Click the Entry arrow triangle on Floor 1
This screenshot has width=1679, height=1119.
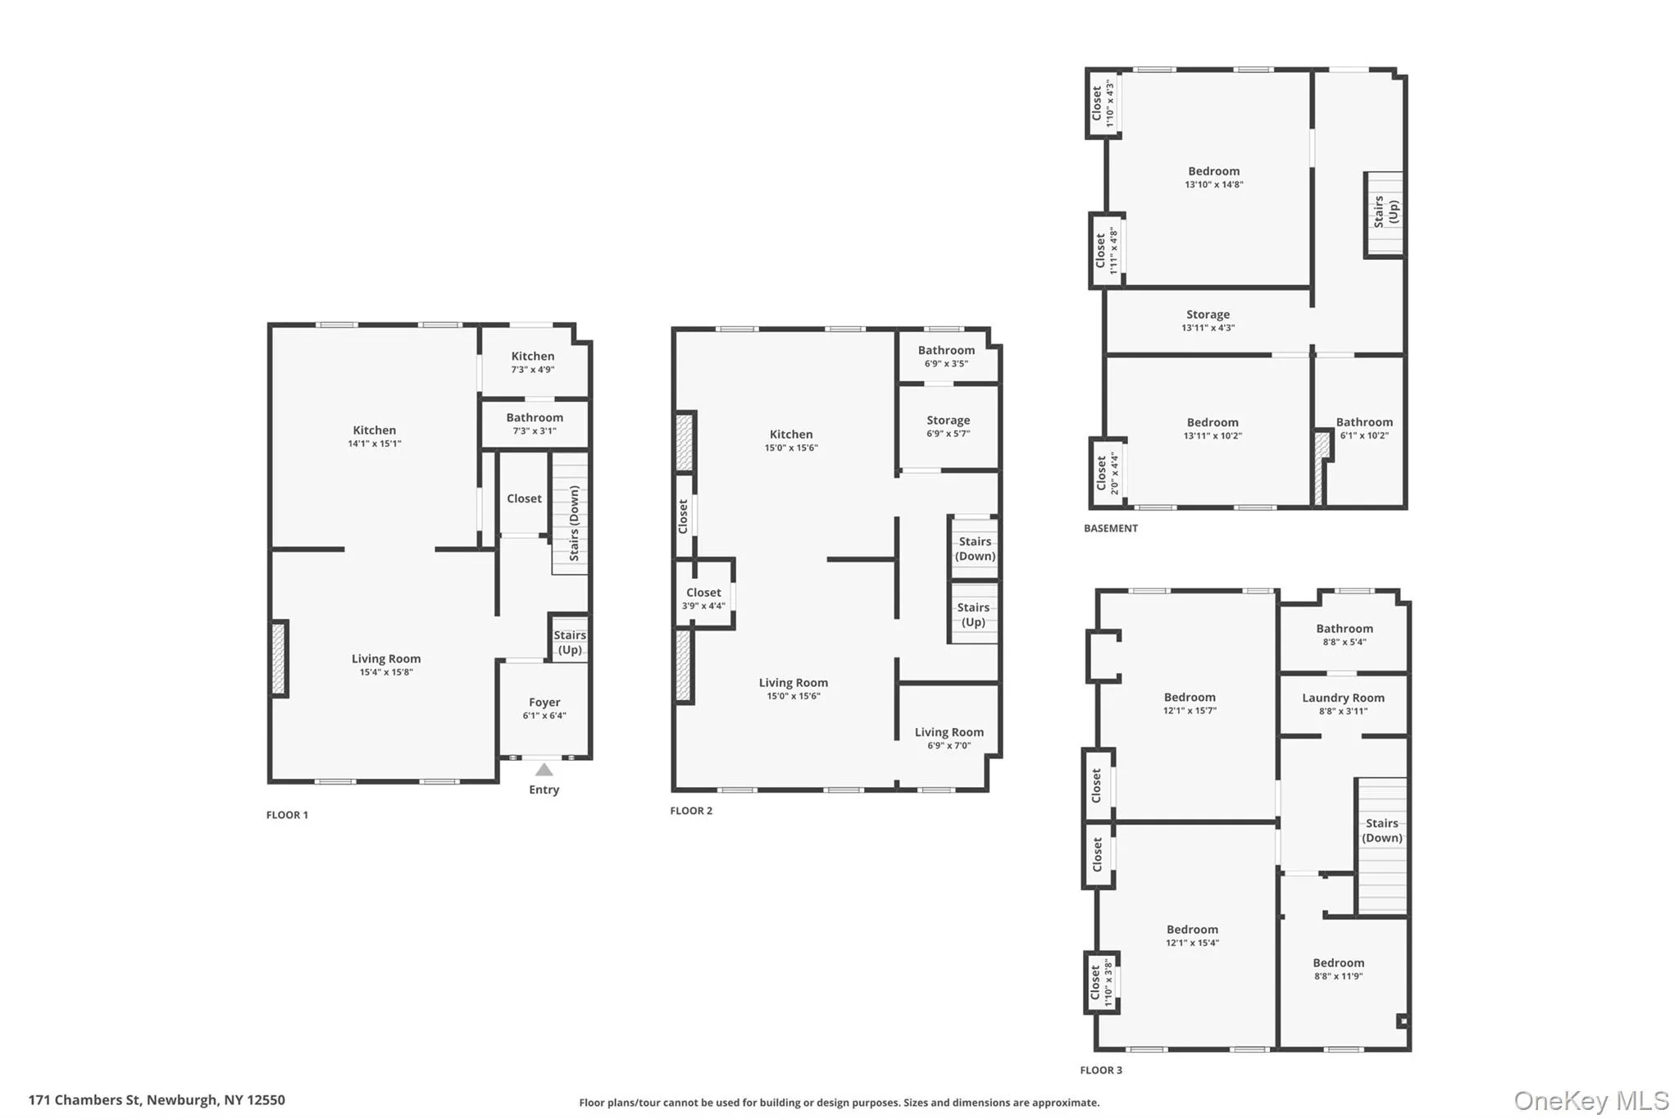click(x=544, y=770)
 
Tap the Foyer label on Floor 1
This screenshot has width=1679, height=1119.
click(x=544, y=703)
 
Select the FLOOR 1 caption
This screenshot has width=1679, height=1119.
click(x=287, y=815)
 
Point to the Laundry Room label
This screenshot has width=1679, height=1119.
click(x=1343, y=698)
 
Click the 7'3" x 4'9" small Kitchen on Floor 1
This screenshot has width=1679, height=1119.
click(x=533, y=362)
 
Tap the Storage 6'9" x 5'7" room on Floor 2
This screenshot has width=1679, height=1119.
click(x=949, y=425)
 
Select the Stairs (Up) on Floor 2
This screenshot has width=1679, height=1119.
click(x=973, y=614)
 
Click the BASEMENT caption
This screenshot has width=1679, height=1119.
click(x=1110, y=529)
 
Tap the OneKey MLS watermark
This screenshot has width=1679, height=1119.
click(x=1590, y=1100)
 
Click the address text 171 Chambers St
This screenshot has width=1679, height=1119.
click(x=157, y=1100)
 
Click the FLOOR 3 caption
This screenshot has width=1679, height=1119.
click(x=1101, y=1070)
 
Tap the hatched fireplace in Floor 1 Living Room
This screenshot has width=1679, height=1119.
click(x=279, y=659)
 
